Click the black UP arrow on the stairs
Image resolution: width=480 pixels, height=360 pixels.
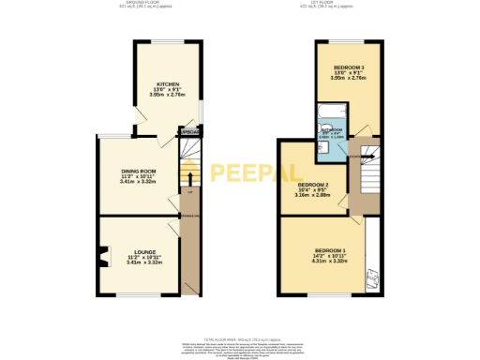pyautogui.click(x=190, y=177)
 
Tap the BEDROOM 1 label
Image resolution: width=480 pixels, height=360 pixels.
pyautogui.click(x=329, y=251)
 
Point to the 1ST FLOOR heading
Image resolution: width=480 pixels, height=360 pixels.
pyautogui.click(x=342, y=3)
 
